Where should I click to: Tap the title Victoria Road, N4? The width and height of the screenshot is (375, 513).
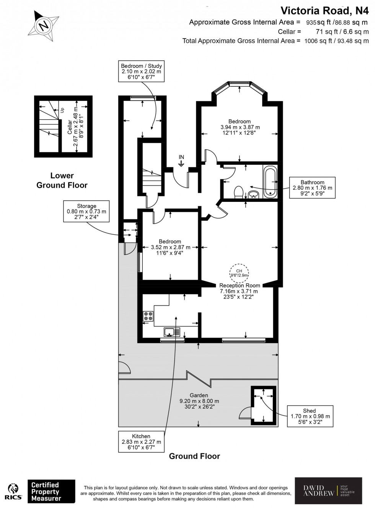(x=324, y=10)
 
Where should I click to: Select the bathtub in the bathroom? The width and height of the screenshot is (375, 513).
(x=270, y=181)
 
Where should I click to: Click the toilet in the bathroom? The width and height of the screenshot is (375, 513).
(x=238, y=192)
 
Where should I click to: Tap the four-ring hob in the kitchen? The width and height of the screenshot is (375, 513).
(x=148, y=316)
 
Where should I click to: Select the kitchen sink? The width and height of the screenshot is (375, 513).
(x=172, y=332)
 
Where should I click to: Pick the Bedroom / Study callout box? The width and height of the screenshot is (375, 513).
(x=141, y=71)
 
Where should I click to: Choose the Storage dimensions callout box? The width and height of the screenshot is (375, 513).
(x=86, y=211)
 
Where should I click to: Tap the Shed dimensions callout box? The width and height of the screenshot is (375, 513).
(x=310, y=416)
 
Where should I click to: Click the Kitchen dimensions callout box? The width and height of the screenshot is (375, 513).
(x=141, y=442)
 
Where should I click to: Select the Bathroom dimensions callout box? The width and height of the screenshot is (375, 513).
(x=312, y=188)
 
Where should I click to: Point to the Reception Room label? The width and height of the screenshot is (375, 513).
(x=240, y=286)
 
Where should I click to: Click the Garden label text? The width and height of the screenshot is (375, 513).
(x=199, y=395)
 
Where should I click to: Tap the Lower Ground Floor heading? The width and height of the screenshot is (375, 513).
(x=62, y=180)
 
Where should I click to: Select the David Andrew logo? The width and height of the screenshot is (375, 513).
(x=328, y=491)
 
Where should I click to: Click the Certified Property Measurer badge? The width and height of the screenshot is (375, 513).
(x=51, y=492)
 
